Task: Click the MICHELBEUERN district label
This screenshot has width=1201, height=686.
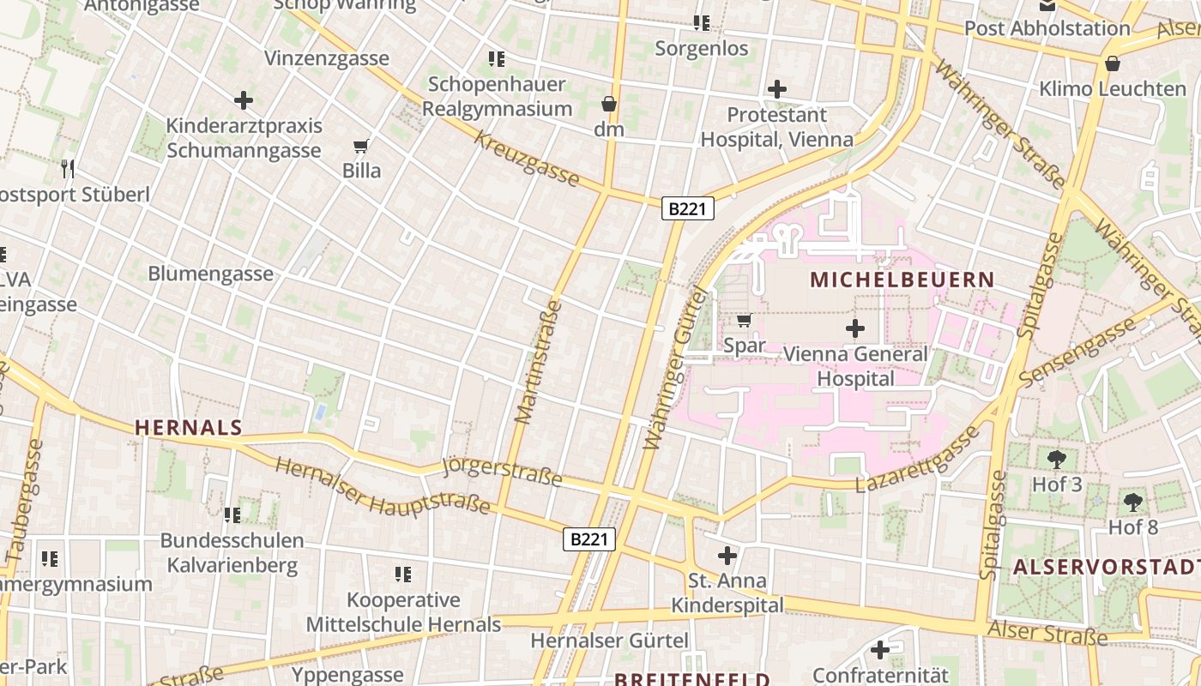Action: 902,280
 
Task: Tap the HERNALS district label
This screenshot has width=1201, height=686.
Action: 189,427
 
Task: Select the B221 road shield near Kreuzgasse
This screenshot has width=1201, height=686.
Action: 688,208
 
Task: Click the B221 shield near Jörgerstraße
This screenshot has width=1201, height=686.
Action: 590,539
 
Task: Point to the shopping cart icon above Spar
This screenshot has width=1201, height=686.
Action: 744,321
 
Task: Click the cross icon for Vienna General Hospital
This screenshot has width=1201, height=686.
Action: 855,328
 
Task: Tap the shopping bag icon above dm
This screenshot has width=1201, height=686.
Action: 609,105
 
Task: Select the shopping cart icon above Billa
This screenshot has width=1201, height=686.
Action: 361,146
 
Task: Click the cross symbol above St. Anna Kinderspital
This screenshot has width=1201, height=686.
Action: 727,556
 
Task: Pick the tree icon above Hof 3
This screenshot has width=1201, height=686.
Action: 1057,460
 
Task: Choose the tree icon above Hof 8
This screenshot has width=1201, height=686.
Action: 1133,502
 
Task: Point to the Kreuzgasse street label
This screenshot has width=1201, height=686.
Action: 527,159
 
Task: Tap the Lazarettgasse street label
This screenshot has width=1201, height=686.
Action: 918,460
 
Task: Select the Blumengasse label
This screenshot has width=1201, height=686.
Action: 211,274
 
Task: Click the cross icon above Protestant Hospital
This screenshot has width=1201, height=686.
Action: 777,89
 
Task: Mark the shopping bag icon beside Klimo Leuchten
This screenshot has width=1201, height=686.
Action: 1113,63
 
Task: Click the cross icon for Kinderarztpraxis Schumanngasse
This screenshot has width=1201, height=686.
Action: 244,100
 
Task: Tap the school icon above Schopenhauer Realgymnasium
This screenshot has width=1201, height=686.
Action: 497,59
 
